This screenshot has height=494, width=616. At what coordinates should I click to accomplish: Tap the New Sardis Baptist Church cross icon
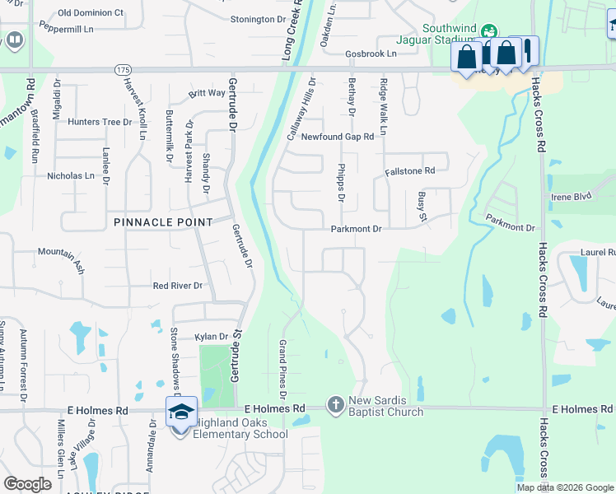[x=335, y=405]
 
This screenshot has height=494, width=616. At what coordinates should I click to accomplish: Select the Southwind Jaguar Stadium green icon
[x=489, y=31]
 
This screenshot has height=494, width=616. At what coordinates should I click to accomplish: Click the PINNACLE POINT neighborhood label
[x=163, y=222]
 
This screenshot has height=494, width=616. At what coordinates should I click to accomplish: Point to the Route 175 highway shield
[x=123, y=71]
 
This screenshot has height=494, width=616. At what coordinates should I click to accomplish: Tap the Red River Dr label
[x=177, y=286]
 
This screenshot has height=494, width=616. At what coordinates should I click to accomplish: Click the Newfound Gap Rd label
[x=338, y=137]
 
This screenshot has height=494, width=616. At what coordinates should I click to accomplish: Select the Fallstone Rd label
[x=409, y=171]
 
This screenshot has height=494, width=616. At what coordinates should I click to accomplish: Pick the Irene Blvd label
[x=572, y=198]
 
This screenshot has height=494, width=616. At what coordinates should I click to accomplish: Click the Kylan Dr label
[x=210, y=337]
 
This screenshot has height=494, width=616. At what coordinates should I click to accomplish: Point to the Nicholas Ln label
[x=71, y=175]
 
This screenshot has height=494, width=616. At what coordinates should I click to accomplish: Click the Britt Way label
[x=207, y=93]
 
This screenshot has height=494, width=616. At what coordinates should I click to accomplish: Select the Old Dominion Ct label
[x=91, y=13]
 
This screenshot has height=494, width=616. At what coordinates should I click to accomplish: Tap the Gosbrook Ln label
[x=371, y=54]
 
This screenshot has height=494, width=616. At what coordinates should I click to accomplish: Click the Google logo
[x=28, y=484]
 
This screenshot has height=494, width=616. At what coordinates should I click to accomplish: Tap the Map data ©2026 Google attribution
[x=565, y=487]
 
